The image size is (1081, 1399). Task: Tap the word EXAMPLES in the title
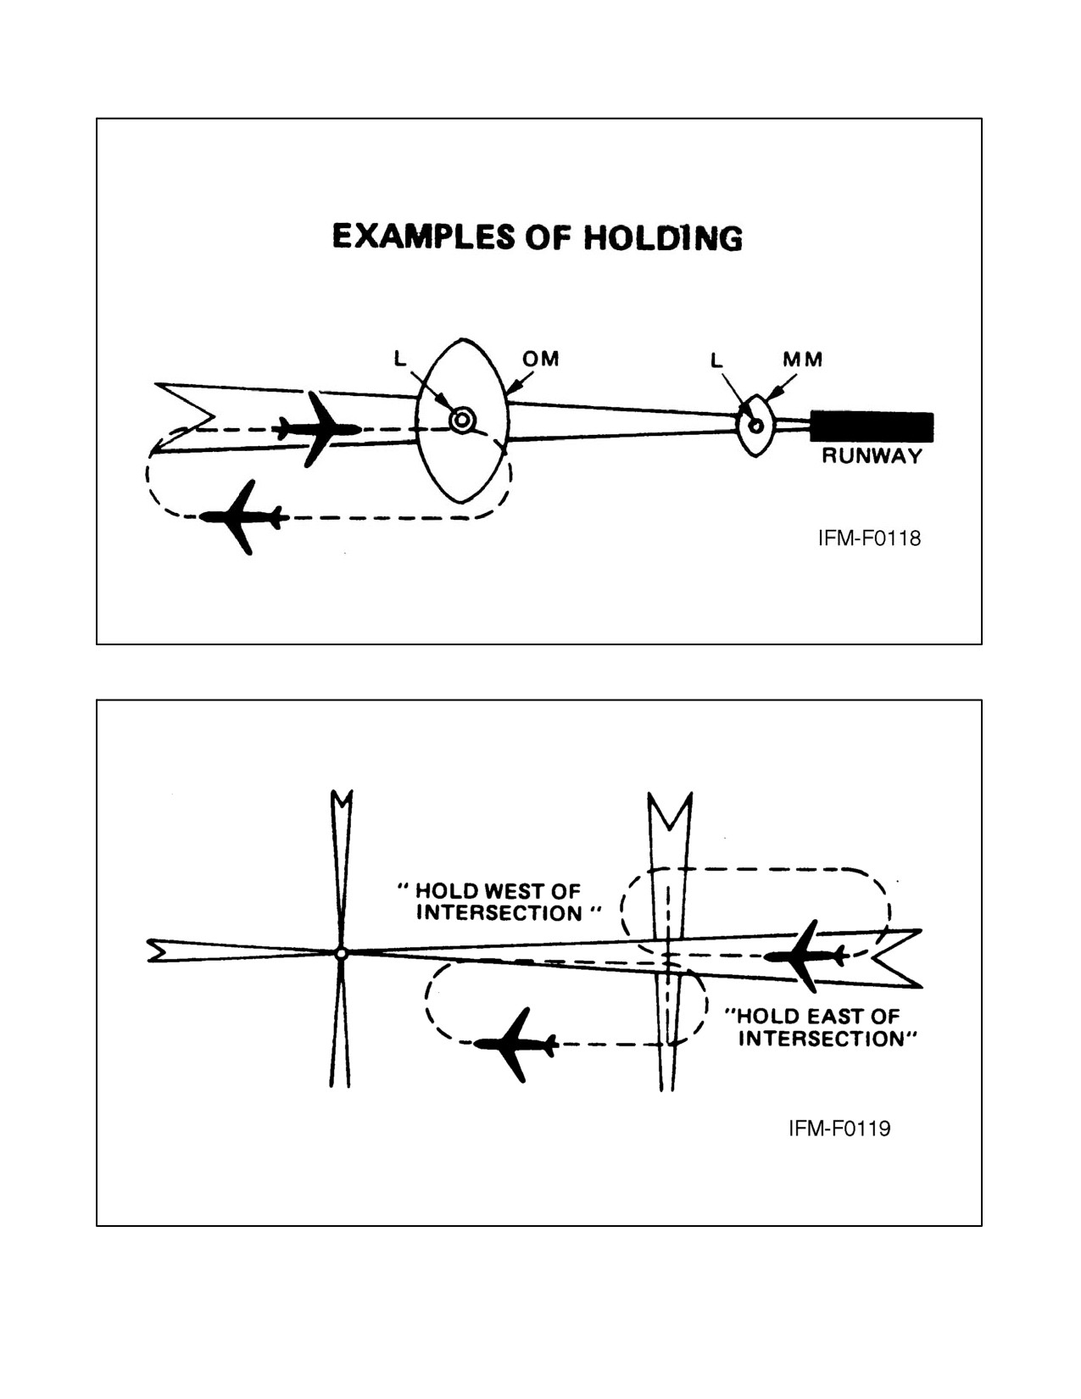[x=424, y=237]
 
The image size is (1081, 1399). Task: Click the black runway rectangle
[x=871, y=426]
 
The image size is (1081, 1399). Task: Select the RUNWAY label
[x=872, y=456]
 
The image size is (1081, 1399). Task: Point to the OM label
[x=540, y=360]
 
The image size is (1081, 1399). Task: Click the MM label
[x=802, y=360]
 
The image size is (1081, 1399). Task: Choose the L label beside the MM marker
[x=716, y=360]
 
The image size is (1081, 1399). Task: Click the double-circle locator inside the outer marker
[x=462, y=421]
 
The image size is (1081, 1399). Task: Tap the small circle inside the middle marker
[x=757, y=426]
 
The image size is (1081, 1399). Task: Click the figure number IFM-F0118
[x=869, y=538]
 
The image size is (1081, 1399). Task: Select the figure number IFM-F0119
[x=839, y=1129]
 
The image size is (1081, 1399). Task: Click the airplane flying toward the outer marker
[x=317, y=428]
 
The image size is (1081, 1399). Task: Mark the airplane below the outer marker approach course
[x=241, y=517]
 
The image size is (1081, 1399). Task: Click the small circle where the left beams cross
[x=342, y=952]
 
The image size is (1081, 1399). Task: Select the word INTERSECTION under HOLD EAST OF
[x=822, y=1039]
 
